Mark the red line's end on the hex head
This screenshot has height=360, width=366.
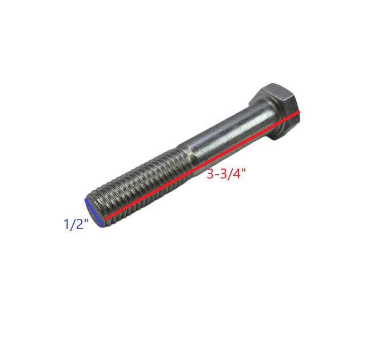click(x=298, y=113)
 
